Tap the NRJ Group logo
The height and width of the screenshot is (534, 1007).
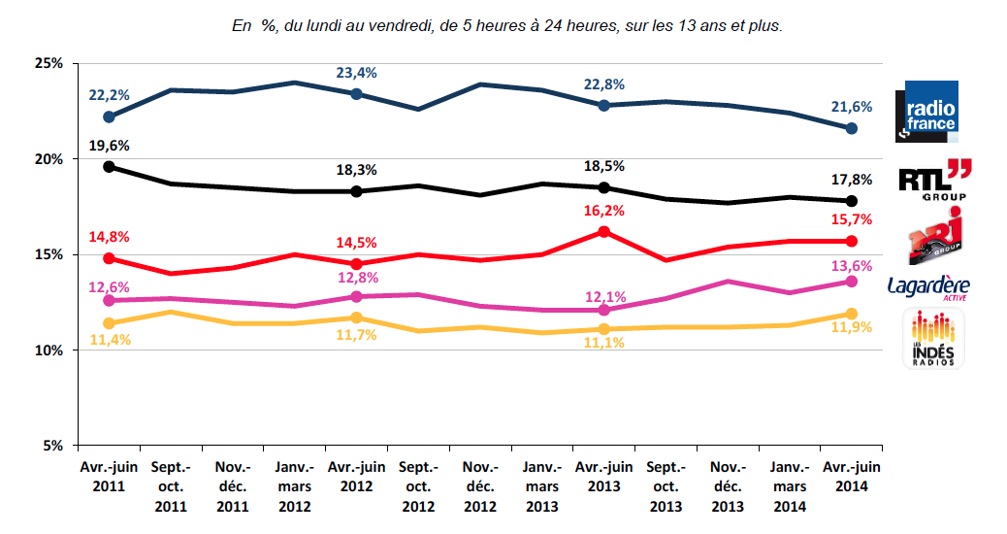pyautogui.click(x=932, y=236)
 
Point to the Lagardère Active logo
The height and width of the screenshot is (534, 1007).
pyautogui.click(x=928, y=287)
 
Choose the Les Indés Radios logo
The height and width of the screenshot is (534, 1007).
pyautogui.click(x=933, y=339)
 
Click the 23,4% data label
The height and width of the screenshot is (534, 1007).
pyautogui.click(x=356, y=73)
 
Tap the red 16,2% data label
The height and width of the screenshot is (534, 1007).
pyautogui.click(x=603, y=210)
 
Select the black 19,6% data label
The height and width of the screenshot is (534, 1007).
pyautogui.click(x=110, y=146)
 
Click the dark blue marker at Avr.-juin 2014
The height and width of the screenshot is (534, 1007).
pyautogui.click(x=851, y=128)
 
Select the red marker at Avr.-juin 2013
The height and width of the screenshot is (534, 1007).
pyautogui.click(x=603, y=231)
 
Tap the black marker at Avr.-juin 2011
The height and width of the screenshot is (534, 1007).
pyautogui.click(x=109, y=166)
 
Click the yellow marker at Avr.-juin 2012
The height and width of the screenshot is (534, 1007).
pyautogui.click(x=356, y=317)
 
